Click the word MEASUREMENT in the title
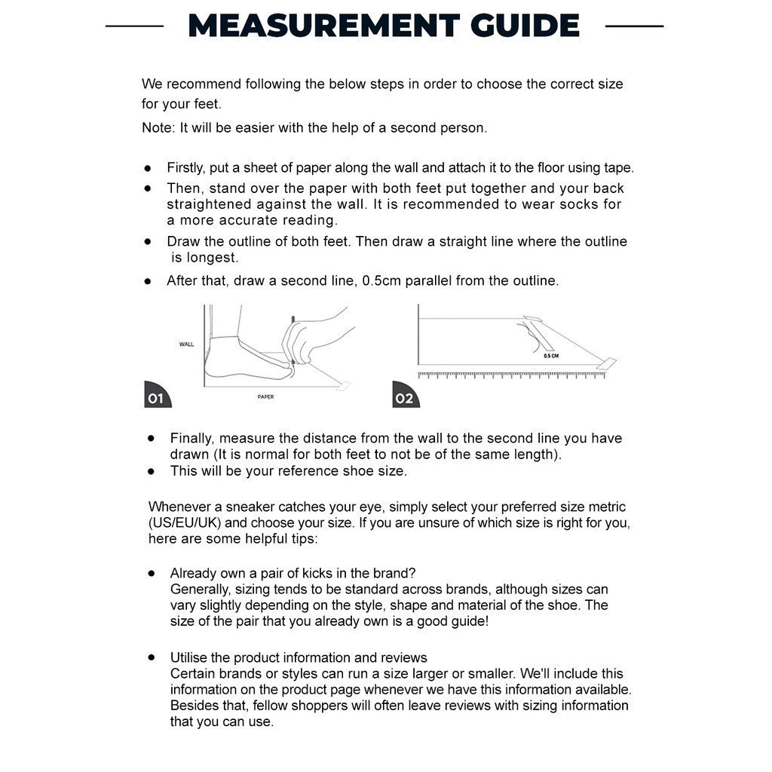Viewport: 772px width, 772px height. coord(323,26)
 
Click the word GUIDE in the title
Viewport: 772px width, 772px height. coord(525,26)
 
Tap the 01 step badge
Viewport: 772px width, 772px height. coord(156,397)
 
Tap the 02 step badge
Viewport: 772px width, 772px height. coord(405,397)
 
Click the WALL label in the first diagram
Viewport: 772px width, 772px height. coord(186,345)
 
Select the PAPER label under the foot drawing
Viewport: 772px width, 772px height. coord(265,397)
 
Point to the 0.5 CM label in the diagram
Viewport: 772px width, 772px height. coord(551,355)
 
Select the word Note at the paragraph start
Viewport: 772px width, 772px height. coord(158,128)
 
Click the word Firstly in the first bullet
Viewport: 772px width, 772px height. coord(185,168)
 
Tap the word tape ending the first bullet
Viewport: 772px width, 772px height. coord(617,168)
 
